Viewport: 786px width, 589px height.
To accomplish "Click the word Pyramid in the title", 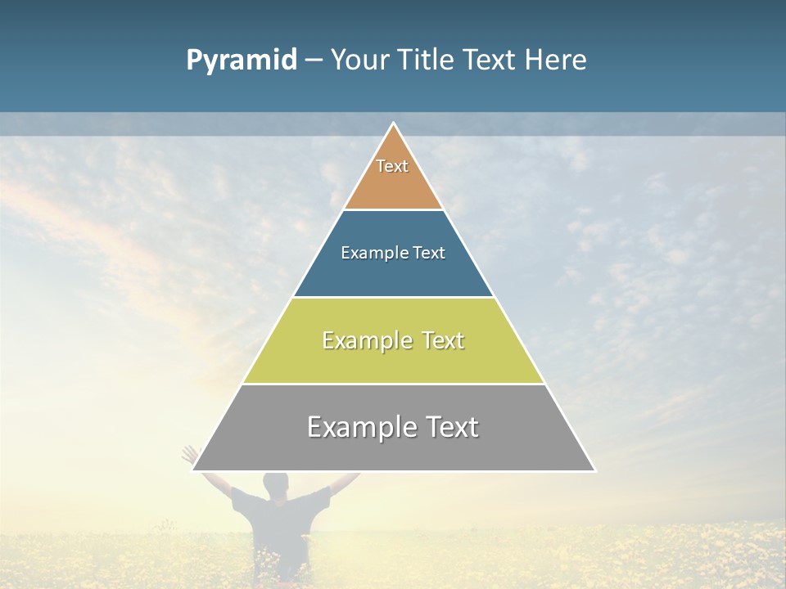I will pyautogui.click(x=241, y=61).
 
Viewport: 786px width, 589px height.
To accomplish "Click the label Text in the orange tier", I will pyautogui.click(x=392, y=166).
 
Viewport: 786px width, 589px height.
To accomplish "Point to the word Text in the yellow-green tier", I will pyautogui.click(x=441, y=340).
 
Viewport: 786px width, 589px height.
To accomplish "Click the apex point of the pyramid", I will pyautogui.click(x=393, y=124).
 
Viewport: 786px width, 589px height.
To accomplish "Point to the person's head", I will pyautogui.click(x=276, y=484).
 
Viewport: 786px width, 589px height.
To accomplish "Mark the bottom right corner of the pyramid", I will pyautogui.click(x=594, y=470).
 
